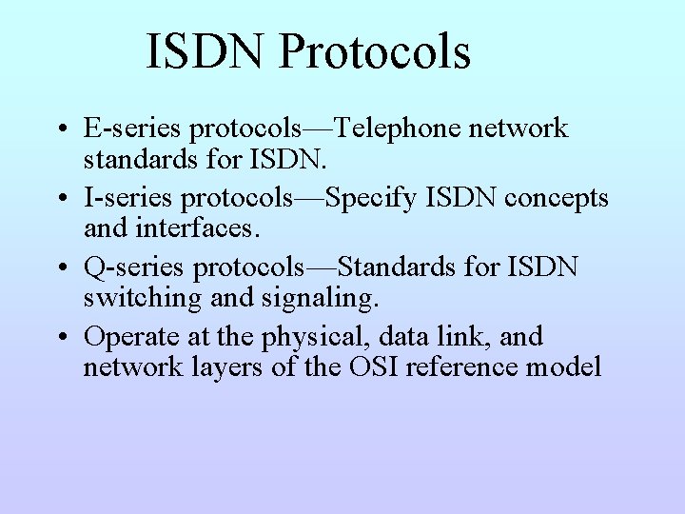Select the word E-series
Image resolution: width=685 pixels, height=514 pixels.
pyautogui.click(x=132, y=128)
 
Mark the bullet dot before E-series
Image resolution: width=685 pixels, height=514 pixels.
pyautogui.click(x=64, y=129)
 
